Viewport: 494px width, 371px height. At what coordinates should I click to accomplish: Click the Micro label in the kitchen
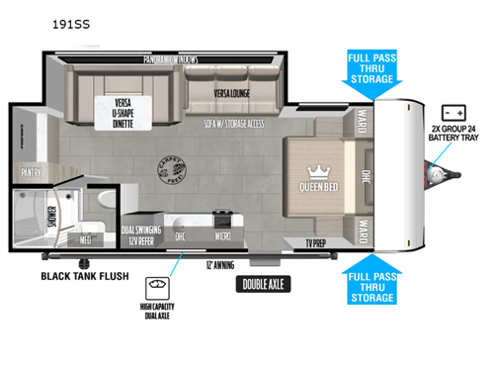coord(224,235)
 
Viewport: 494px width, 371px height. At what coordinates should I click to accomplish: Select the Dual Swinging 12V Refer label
coord(140,235)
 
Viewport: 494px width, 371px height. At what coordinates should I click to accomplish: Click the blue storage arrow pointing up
coord(373,281)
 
